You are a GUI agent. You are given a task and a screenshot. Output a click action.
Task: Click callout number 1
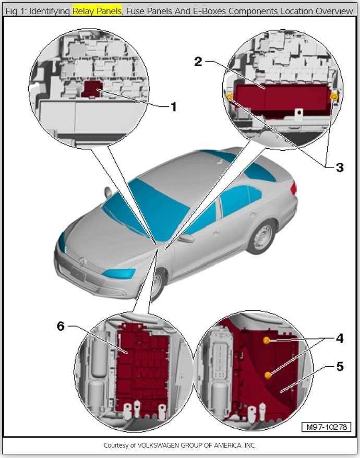point(174,107)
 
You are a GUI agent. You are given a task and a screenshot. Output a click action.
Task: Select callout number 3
point(339,167)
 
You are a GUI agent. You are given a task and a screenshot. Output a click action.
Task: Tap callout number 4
point(339,339)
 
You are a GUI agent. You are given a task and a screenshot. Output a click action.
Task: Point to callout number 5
point(339,367)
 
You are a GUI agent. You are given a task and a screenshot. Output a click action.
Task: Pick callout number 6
point(61,326)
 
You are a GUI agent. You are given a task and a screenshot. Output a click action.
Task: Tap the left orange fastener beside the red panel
point(229,97)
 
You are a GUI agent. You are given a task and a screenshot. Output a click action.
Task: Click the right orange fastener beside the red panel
point(334,97)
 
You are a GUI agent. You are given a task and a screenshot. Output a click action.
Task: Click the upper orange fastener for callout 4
point(267,341)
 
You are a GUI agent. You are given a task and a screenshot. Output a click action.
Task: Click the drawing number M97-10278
point(327,427)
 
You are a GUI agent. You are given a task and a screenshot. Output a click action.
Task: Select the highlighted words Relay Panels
point(97,10)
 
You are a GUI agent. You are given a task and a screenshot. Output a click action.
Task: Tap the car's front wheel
point(157,282)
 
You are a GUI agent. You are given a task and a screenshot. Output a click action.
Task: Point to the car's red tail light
point(294,187)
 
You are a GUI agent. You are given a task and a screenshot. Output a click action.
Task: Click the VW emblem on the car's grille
point(80,259)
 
